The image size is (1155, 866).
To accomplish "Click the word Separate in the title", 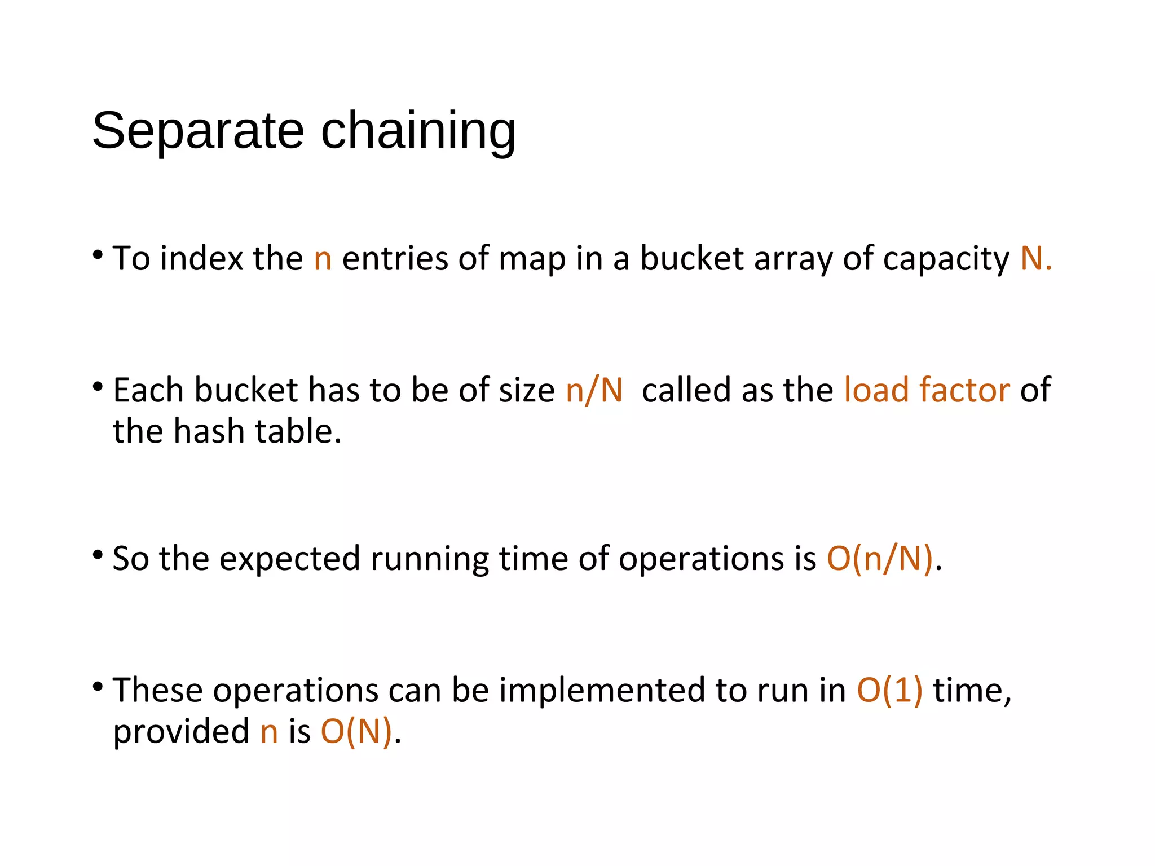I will click(x=198, y=131).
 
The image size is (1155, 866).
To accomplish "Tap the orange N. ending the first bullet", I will click(x=1036, y=259).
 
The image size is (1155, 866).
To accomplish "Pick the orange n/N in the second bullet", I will click(x=594, y=390).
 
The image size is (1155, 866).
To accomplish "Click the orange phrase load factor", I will click(x=927, y=390).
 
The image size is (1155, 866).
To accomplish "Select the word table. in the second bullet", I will click(x=298, y=431).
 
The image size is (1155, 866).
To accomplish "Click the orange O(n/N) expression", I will click(x=879, y=559).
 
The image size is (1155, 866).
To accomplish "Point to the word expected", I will click(x=289, y=559).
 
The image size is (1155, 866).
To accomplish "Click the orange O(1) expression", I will click(x=890, y=691).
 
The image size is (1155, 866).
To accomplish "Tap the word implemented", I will click(x=602, y=691).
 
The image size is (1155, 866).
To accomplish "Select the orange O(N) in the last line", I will click(x=356, y=732).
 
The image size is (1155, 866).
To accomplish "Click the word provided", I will click(x=181, y=732).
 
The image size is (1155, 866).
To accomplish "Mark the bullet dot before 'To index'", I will click(x=98, y=255).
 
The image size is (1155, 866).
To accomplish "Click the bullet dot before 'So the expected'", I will click(x=98, y=555).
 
